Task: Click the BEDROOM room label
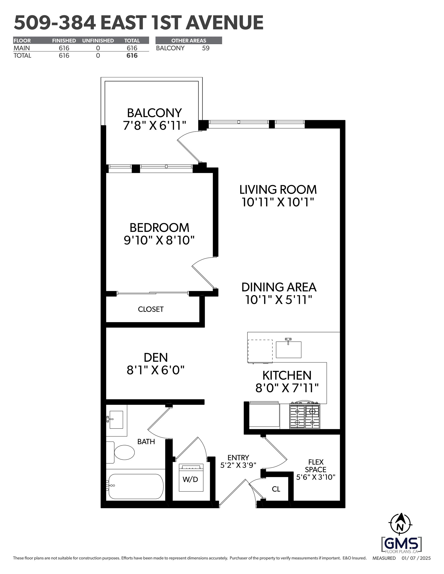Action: pos(159,228)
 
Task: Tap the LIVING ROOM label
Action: pos(278,190)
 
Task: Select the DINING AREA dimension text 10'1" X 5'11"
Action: pos(279,300)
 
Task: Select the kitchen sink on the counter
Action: pos(288,349)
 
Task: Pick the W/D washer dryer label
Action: pos(190,479)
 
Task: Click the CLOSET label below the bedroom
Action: pos(151,309)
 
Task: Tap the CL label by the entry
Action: pos(276,489)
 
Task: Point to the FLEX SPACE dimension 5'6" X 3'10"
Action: pos(316,477)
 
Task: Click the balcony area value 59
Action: pos(206,48)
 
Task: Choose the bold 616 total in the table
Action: pos(132,56)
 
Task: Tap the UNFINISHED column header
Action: pos(98,41)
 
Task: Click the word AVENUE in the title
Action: pos(224,23)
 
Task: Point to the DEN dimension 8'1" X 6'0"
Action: pos(156,370)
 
